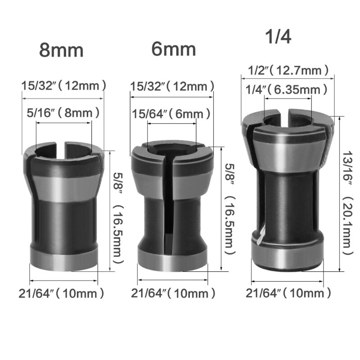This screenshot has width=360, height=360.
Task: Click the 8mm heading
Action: (x=61, y=50)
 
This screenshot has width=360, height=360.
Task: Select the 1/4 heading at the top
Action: (x=278, y=36)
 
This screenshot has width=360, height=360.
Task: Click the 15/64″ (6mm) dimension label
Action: (x=167, y=114)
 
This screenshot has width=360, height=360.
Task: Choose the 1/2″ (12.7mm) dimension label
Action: (x=288, y=70)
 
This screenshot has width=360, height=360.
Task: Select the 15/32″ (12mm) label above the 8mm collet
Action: (x=64, y=84)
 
